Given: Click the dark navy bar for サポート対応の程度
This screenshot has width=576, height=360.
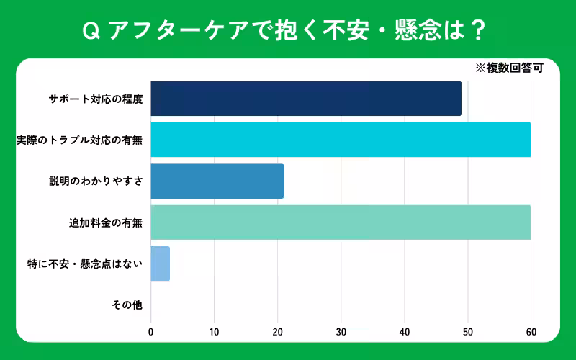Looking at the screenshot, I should (306, 99).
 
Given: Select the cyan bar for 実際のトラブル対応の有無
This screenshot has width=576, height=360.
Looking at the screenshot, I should (341, 140).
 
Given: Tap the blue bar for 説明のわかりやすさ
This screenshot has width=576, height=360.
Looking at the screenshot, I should (217, 181).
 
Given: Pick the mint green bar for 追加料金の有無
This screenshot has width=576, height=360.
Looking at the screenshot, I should (341, 222).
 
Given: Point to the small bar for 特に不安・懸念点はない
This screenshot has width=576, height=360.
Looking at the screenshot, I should (160, 264).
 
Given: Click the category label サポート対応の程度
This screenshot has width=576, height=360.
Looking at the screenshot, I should (95, 99).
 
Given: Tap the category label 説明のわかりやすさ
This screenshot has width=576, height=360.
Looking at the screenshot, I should (95, 181).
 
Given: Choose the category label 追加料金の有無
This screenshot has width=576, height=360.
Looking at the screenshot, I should (105, 223).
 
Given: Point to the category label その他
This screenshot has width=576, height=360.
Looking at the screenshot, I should (127, 305).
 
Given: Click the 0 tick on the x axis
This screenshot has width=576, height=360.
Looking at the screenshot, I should (150, 332).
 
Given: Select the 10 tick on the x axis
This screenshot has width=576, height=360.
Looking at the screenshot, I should (214, 332).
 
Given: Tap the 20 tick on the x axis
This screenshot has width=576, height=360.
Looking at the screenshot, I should (277, 332).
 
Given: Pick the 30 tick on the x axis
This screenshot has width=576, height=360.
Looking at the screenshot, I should (341, 332).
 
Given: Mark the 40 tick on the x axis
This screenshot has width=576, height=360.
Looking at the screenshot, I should (404, 332).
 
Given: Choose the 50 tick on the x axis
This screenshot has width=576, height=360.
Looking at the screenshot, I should (467, 332).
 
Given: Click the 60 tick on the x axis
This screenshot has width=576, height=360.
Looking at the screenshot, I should (531, 332).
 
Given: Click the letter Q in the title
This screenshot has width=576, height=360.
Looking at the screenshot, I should (91, 30).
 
